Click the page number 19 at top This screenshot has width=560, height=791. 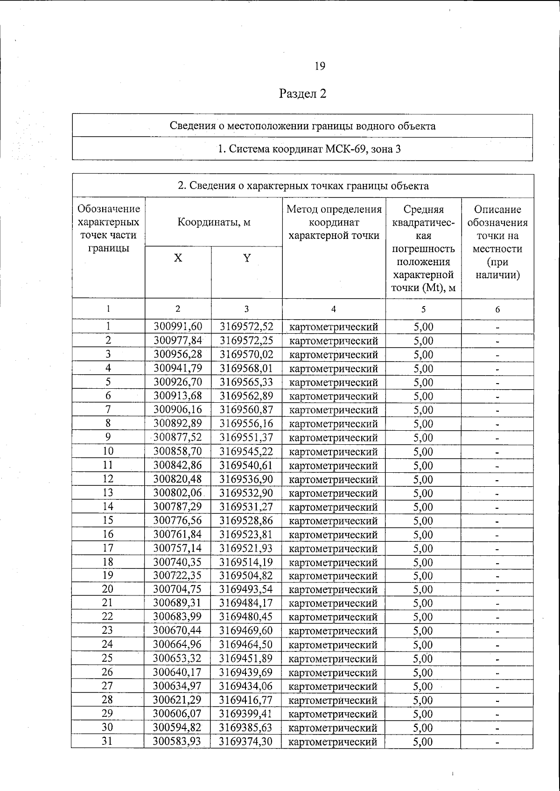click(x=320, y=66)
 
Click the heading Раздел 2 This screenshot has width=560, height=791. click(x=302, y=94)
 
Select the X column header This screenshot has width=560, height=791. click(x=178, y=258)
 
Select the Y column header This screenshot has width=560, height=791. click(x=247, y=258)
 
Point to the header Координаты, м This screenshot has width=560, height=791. click(x=214, y=222)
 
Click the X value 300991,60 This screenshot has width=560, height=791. click(x=178, y=327)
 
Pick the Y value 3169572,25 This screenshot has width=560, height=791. click(x=246, y=341)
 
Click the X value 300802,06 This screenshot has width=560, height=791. click(x=178, y=493)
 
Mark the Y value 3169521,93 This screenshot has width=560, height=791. click(x=246, y=548)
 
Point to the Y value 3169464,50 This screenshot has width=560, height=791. click(x=246, y=645)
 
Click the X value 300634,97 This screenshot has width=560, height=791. click(x=178, y=686)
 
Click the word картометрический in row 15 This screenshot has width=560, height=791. click(x=334, y=521)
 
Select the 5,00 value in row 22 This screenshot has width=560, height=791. click(x=423, y=617)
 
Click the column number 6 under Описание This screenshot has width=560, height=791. click(x=497, y=309)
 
